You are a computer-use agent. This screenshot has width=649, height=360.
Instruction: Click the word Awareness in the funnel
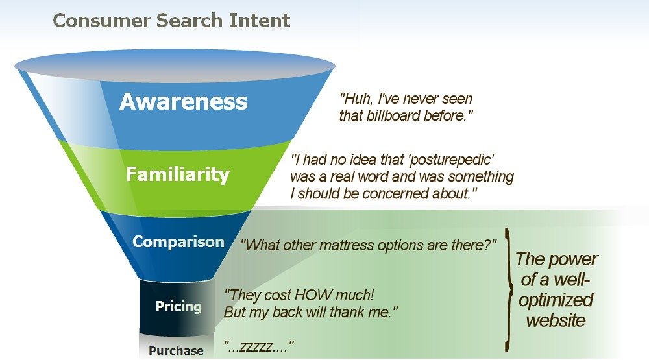(x=183, y=102)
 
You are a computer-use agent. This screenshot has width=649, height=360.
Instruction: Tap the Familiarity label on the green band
(x=177, y=174)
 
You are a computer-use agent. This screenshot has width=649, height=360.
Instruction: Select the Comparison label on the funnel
(x=178, y=242)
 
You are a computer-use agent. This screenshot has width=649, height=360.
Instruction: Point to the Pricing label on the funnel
(x=178, y=306)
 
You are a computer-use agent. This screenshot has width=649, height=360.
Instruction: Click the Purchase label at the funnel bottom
(x=176, y=351)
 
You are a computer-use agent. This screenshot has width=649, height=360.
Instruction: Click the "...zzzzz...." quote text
(x=260, y=346)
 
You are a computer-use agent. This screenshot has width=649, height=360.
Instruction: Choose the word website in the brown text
(x=556, y=320)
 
